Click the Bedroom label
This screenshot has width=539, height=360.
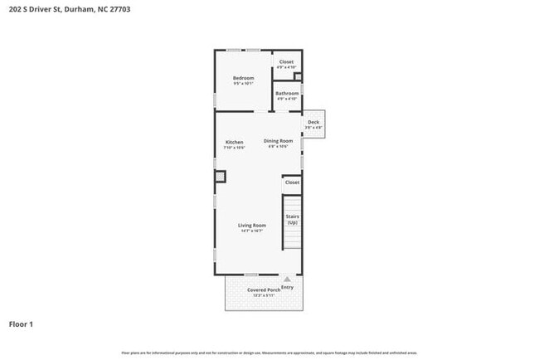point(243,78)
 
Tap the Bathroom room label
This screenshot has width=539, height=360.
point(287,94)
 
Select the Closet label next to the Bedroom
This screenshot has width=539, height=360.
point(286,62)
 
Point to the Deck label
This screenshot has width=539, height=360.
point(313,122)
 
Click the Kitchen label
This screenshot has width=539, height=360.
point(235,142)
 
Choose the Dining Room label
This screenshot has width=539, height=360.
point(279,141)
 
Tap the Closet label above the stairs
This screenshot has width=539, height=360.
point(292,182)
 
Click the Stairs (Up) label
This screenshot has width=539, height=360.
point(293,220)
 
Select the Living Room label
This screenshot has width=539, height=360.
point(252,226)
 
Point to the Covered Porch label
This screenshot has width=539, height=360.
point(264,289)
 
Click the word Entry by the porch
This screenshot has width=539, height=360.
point(288,287)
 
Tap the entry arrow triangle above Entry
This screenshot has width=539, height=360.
point(288,280)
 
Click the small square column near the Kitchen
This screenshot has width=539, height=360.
point(220,176)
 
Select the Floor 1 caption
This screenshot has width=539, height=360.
point(21,324)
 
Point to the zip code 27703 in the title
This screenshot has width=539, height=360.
point(117,9)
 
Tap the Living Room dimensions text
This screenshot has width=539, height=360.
point(252,231)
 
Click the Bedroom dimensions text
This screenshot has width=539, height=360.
point(243,84)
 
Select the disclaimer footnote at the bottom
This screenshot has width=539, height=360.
point(269,352)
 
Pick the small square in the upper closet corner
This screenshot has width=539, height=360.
point(298,78)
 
